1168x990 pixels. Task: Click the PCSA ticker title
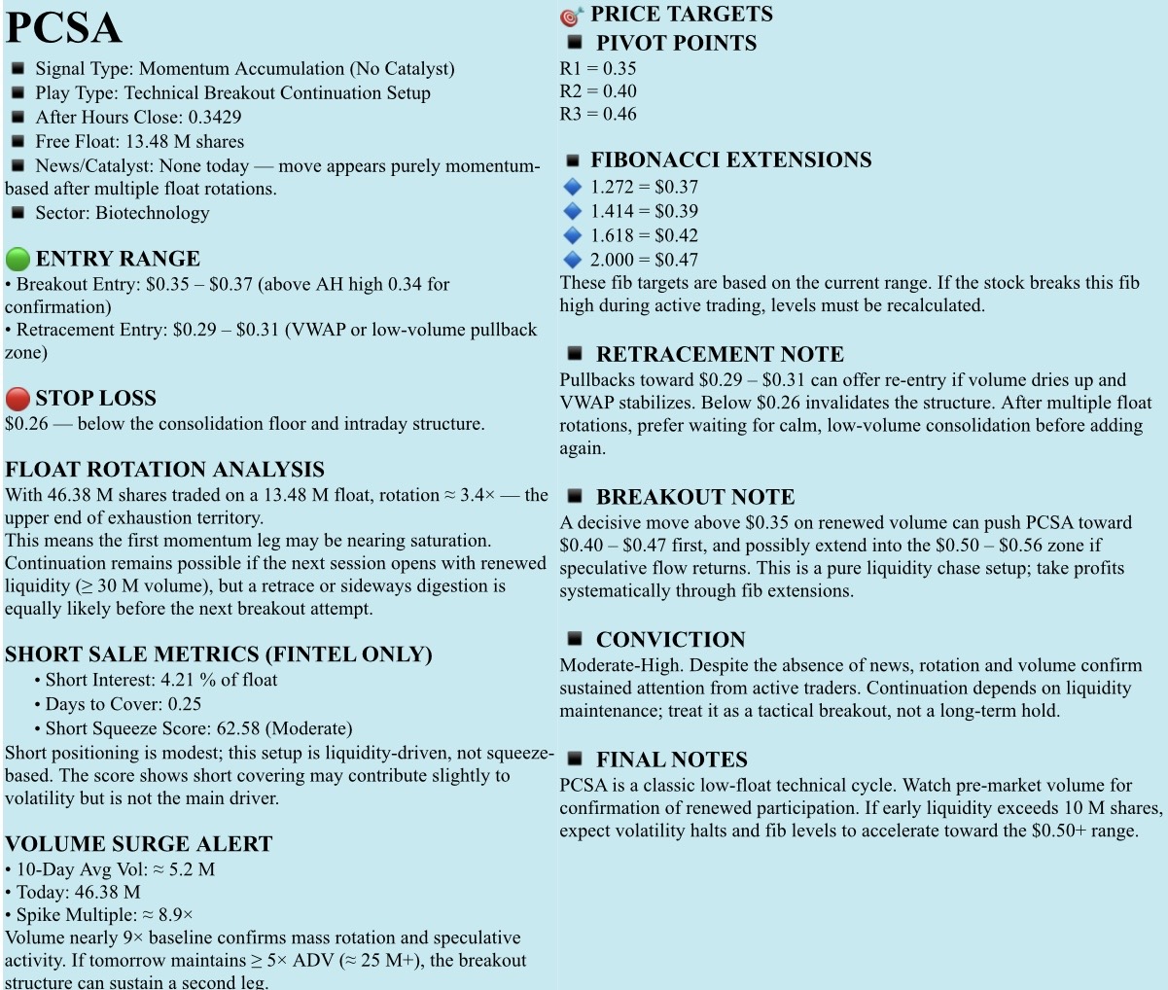coord(63,27)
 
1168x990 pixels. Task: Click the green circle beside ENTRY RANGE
coord(18,260)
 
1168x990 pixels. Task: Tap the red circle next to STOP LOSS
coord(18,399)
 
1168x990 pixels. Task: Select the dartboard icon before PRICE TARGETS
coord(571,16)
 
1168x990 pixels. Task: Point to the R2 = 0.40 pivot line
coord(598,91)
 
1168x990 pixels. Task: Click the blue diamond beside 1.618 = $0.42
coord(572,235)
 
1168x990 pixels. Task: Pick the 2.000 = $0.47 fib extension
coord(644,260)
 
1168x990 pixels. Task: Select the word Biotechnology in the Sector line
coord(152,213)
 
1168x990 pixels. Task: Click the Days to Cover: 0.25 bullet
coord(124,704)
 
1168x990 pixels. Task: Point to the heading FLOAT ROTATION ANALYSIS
coord(164,470)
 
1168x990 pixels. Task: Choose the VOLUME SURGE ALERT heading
coord(138,844)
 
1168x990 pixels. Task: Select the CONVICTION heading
coord(670,640)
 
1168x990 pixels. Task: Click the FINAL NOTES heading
coord(671,760)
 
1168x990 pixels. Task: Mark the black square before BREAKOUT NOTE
coord(575,496)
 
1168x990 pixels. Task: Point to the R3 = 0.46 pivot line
coord(598,114)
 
